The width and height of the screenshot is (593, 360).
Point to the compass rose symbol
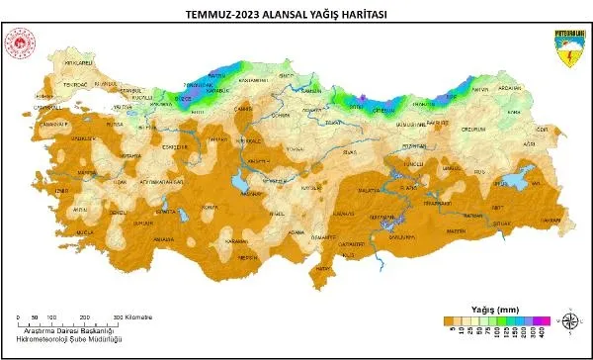click(570, 320)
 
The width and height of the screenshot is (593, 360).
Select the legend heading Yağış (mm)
click(490, 308)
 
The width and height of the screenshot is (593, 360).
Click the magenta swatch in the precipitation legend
click(543, 320)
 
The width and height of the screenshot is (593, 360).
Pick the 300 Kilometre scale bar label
click(134, 316)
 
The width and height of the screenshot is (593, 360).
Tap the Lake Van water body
click(515, 180)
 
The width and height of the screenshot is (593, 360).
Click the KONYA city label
click(209, 206)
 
